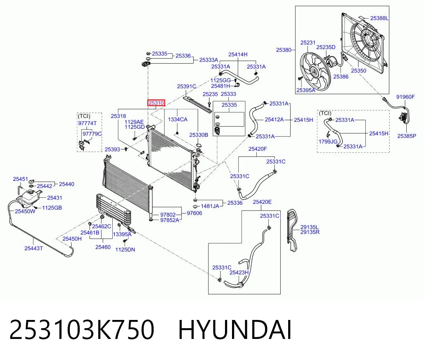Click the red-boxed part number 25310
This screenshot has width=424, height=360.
click(156, 103)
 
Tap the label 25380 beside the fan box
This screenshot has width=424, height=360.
click(284, 50)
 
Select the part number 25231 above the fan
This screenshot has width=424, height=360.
click(308, 43)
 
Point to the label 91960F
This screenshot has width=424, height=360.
click(405, 97)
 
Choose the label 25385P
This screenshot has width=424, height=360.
click(406, 136)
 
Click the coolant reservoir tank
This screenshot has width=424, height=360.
click(31, 198)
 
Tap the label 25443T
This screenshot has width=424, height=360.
click(33, 248)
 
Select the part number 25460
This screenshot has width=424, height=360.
click(103, 247)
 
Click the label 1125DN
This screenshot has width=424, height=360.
click(125, 249)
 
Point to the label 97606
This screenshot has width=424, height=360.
click(194, 213)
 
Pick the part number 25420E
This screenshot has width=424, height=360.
click(262, 202)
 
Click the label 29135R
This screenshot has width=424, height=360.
click(310, 232)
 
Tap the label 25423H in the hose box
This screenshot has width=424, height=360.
click(239, 272)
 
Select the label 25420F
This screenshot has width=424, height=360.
click(258, 149)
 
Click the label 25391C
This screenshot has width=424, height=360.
click(187, 86)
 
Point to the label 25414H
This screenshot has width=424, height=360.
click(238, 54)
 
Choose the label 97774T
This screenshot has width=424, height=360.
click(88, 123)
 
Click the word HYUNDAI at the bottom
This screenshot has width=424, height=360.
click(235, 329)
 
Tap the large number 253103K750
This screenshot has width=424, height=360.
click(82, 329)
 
